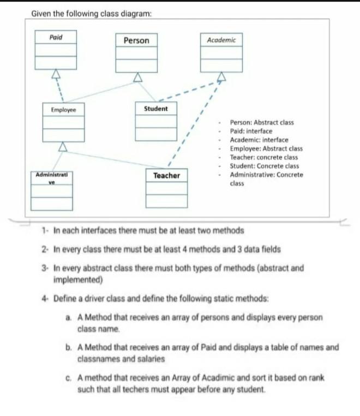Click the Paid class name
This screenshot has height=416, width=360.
[56, 37]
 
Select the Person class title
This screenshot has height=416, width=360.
[136, 40]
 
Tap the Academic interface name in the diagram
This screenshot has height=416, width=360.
[221, 40]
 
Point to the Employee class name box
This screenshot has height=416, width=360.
[64, 109]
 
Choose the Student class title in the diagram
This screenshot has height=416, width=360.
[156, 109]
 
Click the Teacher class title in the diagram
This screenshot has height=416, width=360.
[166, 175]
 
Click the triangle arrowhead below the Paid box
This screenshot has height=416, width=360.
[56, 75]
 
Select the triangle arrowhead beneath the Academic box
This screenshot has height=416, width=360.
[221, 76]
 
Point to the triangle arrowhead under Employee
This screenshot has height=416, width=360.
[64, 146]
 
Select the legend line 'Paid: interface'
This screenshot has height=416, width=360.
[251, 132]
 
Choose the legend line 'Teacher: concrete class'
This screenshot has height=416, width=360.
[264, 157]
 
